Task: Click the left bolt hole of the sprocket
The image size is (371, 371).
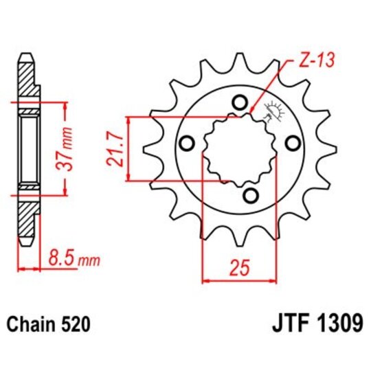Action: point(185,144)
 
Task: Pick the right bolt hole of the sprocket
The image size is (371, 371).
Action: point(293,143)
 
